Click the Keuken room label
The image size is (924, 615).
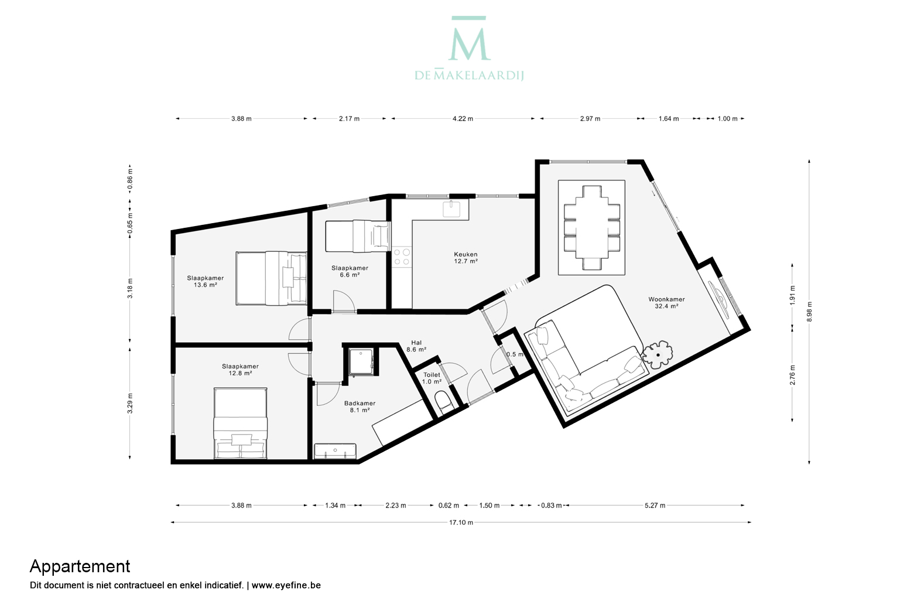tap(466, 258)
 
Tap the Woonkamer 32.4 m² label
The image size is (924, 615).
tap(666, 303)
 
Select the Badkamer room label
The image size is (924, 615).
tap(360, 406)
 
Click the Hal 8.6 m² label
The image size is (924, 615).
tap(416, 346)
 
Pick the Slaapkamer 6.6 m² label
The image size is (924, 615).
tap(350, 271)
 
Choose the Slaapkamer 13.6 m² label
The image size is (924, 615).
tap(206, 282)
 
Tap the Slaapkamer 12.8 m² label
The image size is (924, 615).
tap(241, 370)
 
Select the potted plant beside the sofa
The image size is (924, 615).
tap(658, 354)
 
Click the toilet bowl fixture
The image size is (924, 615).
tap(444, 402)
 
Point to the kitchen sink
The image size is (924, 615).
tap(451, 209)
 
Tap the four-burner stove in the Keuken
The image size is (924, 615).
tap(401, 257)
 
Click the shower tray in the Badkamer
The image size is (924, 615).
tap(361, 361)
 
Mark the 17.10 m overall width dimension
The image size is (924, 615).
tap(461, 522)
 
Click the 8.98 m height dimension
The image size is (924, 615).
tap(809, 312)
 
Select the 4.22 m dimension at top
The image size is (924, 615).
tap(463, 119)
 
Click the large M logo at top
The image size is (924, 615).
tap(469, 39)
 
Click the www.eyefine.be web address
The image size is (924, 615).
tap(286, 585)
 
